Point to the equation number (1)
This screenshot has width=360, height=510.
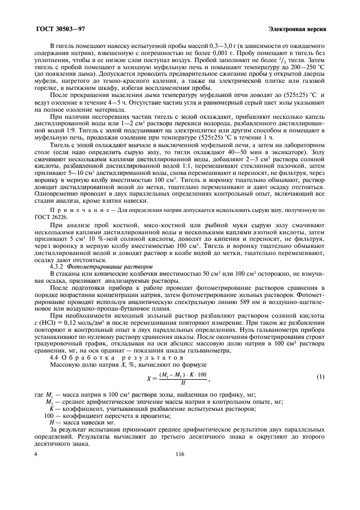320,377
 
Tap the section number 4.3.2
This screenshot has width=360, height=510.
57,267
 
